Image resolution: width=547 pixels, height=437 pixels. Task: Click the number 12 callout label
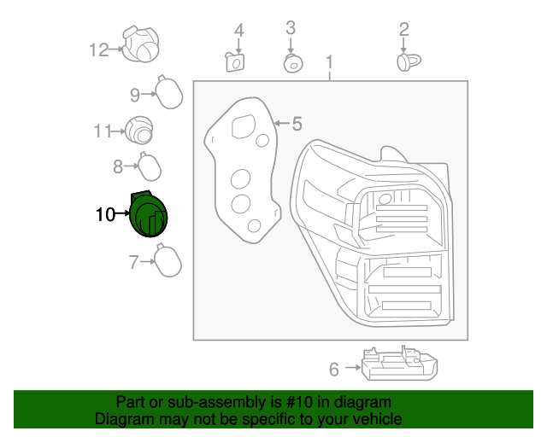(99, 50)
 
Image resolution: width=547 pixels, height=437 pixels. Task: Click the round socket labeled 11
(139, 131)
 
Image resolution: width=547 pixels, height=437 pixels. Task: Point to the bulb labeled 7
(167, 260)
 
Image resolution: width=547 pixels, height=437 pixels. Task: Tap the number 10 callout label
(104, 215)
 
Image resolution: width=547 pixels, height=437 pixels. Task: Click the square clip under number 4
(235, 62)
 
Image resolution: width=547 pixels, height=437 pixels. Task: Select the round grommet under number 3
(291, 63)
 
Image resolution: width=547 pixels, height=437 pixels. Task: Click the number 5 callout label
(297, 125)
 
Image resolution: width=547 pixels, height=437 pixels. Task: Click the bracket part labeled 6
(400, 365)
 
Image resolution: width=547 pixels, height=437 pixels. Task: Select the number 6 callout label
(334, 370)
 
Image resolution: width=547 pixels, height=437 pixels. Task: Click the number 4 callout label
(239, 31)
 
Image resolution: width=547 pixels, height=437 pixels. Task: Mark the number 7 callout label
(133, 262)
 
